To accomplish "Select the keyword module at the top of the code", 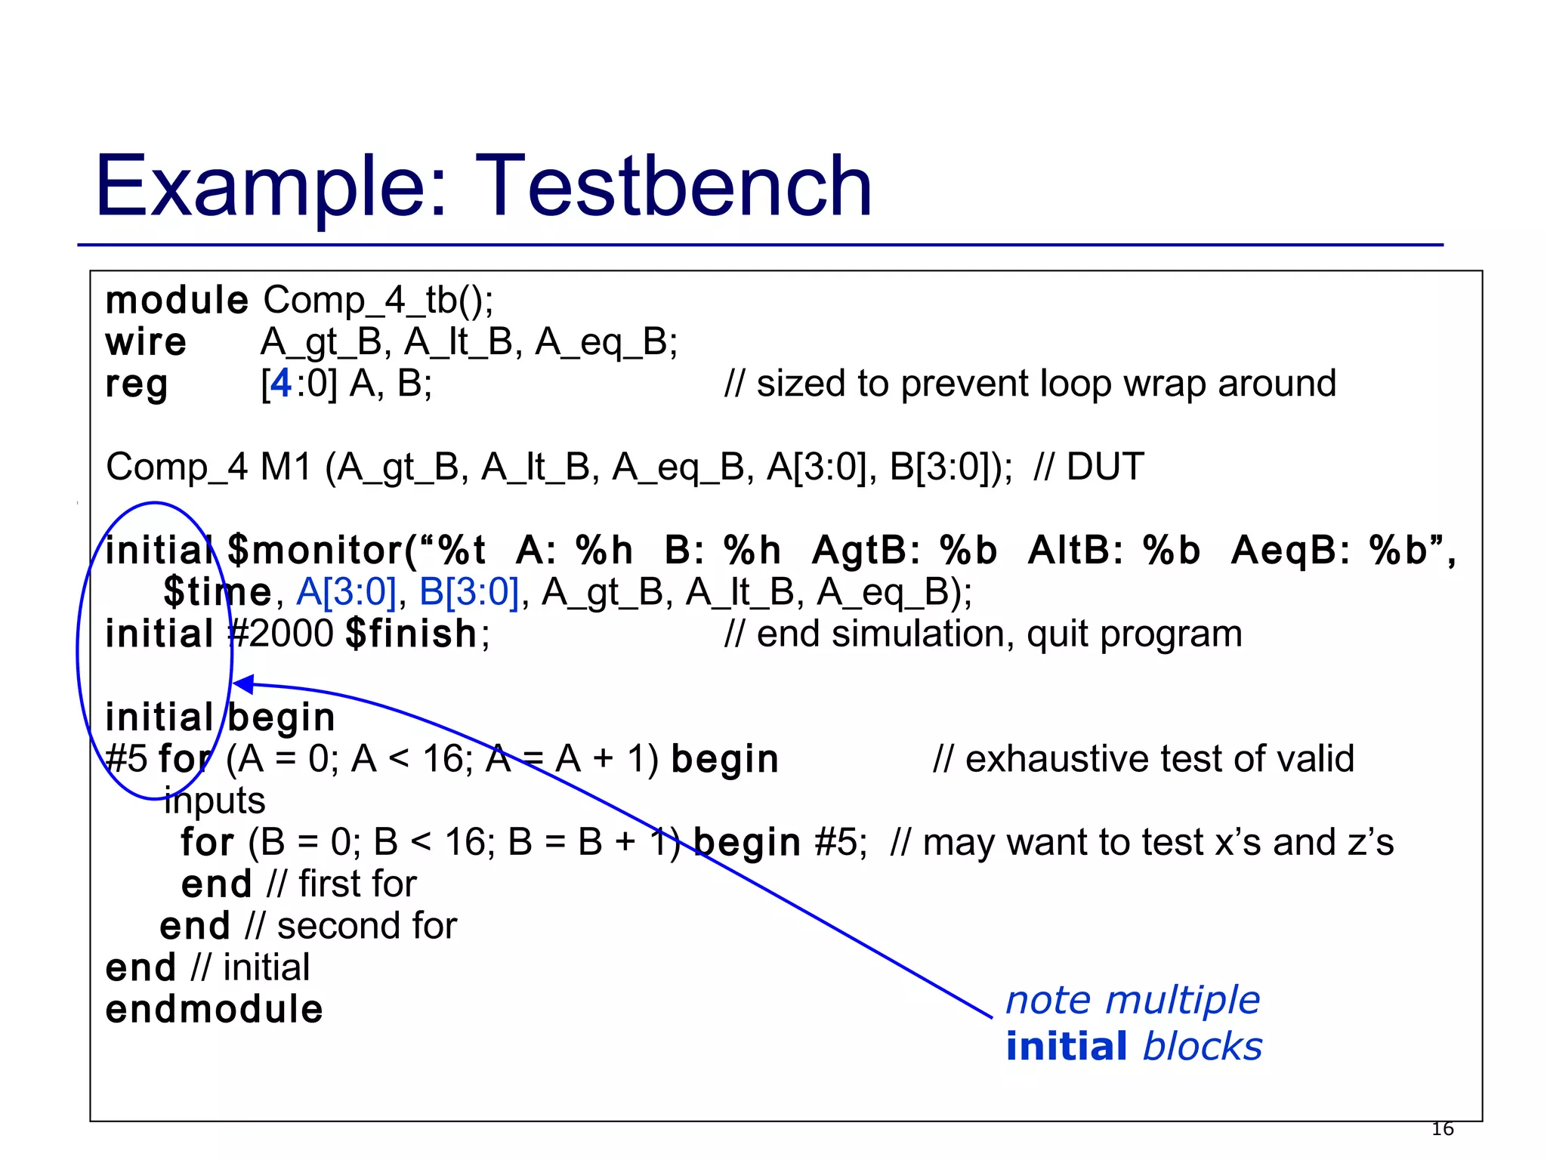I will click(177, 301).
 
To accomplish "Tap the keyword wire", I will click(146, 342).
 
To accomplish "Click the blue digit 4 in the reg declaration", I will click(280, 384).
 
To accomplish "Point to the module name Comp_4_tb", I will click(378, 301).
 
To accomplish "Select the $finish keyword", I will click(412, 634).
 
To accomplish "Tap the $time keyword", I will click(217, 592).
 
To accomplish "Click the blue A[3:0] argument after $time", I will click(346, 592).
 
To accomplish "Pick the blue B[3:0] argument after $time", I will click(469, 592).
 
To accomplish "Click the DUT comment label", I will click(1105, 467).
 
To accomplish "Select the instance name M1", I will click(286, 467).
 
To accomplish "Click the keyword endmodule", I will click(215, 1010).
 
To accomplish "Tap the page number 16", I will click(1442, 1129).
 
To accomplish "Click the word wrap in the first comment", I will click(1166, 384).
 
